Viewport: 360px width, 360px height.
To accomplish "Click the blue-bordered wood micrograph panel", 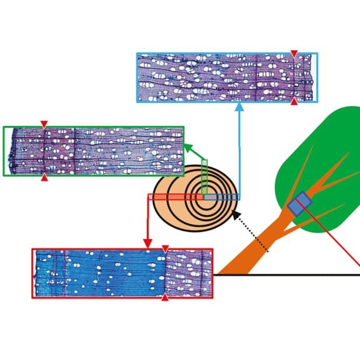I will (x=228, y=78).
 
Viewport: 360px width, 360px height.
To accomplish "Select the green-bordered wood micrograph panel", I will (x=93, y=151).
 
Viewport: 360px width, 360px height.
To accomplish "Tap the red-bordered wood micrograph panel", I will (x=123, y=273).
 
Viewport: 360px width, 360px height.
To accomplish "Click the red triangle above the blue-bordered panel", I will (x=294, y=54).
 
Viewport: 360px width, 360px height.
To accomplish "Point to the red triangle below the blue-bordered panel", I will (x=294, y=102).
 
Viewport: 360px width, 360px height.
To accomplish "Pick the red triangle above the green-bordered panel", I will (x=44, y=124).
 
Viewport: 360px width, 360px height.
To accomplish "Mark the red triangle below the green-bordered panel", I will (x=44, y=177).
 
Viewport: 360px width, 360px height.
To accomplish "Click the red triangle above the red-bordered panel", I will (x=165, y=249).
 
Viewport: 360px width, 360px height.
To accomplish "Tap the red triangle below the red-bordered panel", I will (x=165, y=298).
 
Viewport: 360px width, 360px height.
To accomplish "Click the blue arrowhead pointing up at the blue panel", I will (x=239, y=107).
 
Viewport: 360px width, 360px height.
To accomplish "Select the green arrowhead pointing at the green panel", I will (x=189, y=148).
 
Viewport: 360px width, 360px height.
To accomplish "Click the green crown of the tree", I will (x=327, y=146).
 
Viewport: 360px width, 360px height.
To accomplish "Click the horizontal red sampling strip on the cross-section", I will (x=175, y=197).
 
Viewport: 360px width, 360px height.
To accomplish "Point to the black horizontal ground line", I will (x=292, y=274).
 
